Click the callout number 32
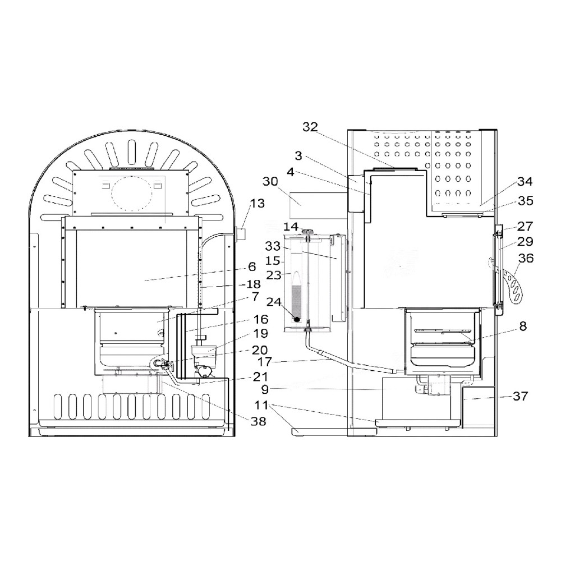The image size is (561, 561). (310, 127)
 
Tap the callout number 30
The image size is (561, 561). (270, 182)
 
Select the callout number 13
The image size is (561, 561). (257, 203)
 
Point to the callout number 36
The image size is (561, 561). (526, 258)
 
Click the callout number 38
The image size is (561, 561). (258, 421)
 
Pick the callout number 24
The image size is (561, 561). (274, 302)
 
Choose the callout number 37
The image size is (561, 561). (520, 396)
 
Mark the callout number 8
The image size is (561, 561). (523, 327)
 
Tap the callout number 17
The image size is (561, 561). (265, 362)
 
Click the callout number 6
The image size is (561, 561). (252, 266)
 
